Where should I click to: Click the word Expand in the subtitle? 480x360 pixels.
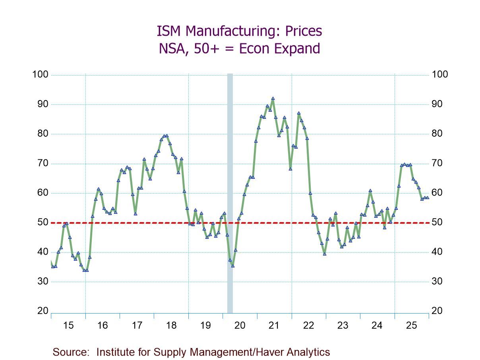[x=298, y=49]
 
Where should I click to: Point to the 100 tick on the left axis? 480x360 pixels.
[x=41, y=75]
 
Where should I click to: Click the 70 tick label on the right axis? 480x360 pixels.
[x=437, y=163]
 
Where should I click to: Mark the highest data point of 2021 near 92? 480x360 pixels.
[x=273, y=99]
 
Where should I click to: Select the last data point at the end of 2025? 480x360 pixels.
[x=427, y=197]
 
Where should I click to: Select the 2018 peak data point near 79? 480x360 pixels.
[x=166, y=136]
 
